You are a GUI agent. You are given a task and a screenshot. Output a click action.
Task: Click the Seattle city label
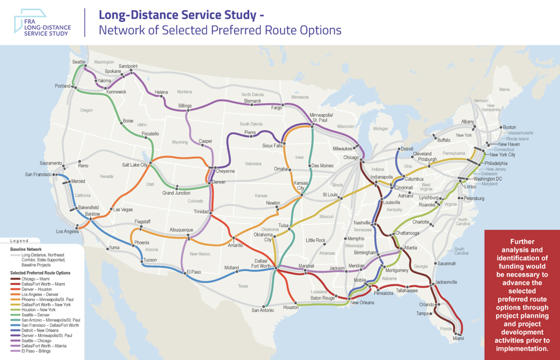pos(78,62)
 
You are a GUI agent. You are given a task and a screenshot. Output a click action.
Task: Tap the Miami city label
pos(459,338)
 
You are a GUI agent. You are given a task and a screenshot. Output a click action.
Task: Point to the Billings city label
pos(185,105)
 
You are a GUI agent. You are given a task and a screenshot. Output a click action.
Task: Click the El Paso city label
pos(193,273)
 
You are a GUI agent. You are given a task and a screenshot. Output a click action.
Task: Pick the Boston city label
pos(509,127)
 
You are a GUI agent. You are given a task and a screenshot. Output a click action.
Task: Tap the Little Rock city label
pos(315,240)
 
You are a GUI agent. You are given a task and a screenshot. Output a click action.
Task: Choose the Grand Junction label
pos(176,193)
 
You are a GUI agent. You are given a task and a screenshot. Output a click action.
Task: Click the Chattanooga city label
pos(407,233)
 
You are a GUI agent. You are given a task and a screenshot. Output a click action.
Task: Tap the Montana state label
pos(184,92)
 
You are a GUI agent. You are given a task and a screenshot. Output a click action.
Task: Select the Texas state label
pos(242,286)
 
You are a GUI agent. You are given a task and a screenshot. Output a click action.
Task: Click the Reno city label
pos(83,166)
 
